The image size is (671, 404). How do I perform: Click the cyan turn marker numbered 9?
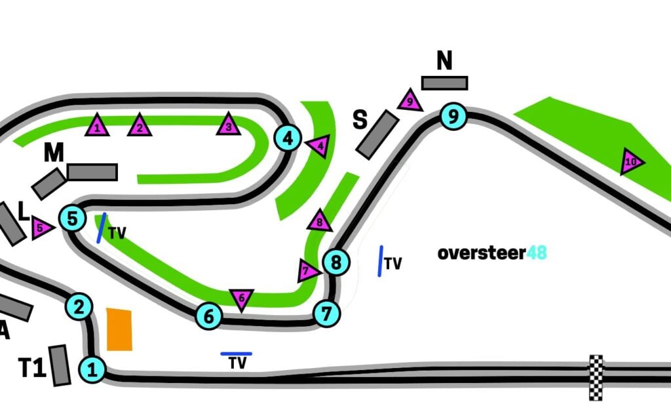453,117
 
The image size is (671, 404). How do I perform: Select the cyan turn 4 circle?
288,138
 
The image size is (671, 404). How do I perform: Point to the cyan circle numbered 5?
73,218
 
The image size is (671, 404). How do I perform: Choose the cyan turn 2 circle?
79,306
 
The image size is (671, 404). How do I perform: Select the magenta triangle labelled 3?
228,124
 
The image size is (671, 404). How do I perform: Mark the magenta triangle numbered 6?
241,299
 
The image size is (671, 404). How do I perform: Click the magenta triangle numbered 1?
97,125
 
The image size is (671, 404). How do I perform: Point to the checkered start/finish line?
596,377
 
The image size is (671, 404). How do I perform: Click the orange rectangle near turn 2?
119,329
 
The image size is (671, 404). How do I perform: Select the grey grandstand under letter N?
444,83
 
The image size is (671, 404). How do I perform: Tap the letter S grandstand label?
360,120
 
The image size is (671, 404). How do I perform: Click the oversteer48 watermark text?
492,253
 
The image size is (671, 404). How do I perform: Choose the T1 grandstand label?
31,369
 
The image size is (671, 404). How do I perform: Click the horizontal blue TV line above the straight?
236,354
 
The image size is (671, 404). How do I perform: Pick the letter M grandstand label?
54,153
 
